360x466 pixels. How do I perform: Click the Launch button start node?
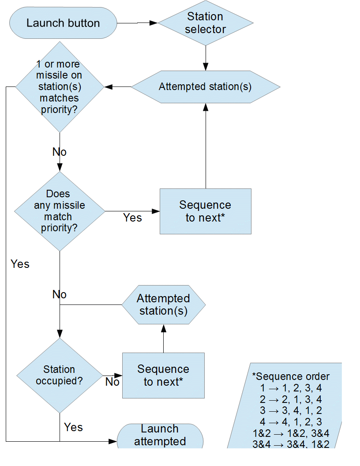tap(63, 23)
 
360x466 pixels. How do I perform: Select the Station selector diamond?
tap(206, 23)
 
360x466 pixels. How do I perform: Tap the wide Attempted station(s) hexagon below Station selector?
tap(206, 87)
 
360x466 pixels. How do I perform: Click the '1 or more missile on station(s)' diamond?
tap(60, 87)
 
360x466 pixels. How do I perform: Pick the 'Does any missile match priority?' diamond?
tap(60, 211)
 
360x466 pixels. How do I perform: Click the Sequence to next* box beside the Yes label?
tap(206, 211)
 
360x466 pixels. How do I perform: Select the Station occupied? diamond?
tap(60, 376)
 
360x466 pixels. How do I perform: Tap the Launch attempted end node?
tap(160, 436)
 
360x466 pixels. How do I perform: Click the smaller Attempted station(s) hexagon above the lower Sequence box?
tap(163, 304)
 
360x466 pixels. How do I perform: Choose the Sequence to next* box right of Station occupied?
tap(163, 376)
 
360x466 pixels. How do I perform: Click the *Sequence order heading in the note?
tap(291, 376)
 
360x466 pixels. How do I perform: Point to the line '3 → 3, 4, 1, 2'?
tap(291, 410)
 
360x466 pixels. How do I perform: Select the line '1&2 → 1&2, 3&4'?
tap(291, 433)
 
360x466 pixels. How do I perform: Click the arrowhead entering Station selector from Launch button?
tap(154, 23)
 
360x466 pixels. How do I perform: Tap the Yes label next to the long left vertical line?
tap(20, 264)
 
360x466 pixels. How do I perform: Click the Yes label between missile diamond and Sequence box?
tap(132, 218)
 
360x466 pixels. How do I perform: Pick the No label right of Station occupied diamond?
tap(112, 382)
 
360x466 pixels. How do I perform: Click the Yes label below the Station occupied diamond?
tap(73, 427)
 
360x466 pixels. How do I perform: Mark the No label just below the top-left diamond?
tap(60, 152)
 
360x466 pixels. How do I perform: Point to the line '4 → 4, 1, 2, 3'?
tap(291, 422)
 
